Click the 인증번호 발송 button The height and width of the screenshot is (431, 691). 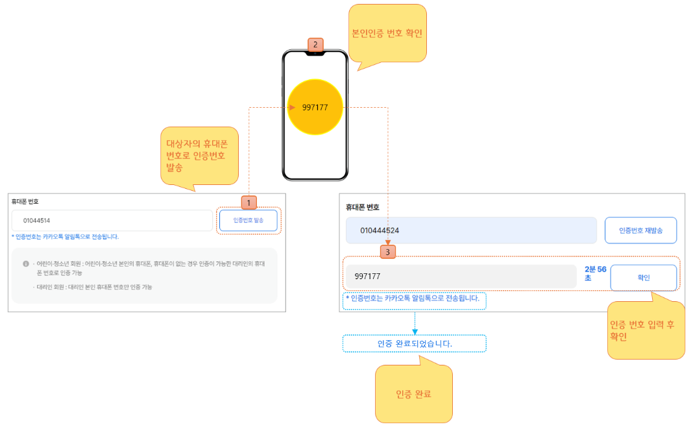tap(249, 221)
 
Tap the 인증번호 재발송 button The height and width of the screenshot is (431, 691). tap(640, 230)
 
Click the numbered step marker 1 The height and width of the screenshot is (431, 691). tap(249, 203)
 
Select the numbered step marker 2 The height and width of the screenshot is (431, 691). tap(315, 45)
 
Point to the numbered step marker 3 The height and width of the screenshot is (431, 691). tap(388, 251)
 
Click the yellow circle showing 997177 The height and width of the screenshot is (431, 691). tap(315, 107)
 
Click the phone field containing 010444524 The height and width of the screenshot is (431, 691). tap(470, 230)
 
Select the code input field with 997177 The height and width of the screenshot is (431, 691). tap(460, 277)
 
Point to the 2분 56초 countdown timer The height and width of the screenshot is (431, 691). tap(594, 273)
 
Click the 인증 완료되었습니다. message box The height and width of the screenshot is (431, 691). tap(414, 343)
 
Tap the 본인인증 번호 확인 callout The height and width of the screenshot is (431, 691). tap(387, 33)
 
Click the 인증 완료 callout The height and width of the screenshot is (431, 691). tap(413, 394)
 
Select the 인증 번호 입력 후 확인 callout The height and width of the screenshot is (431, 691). tap(646, 330)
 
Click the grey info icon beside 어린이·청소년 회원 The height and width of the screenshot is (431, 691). tap(26, 264)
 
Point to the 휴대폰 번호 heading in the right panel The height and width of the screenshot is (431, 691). tap(363, 208)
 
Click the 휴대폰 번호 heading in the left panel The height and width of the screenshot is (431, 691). tap(25, 202)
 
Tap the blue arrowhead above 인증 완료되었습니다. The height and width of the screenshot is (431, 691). tap(414, 332)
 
